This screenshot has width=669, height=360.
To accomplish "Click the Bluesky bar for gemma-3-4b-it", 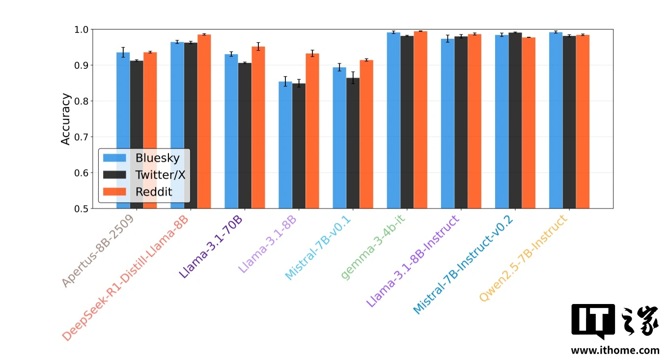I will coord(393,120).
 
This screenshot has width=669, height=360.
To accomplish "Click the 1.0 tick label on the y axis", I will coord(82,29).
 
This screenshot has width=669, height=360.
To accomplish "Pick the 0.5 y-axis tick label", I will coord(82,209).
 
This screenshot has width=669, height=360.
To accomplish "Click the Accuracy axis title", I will coord(66,119).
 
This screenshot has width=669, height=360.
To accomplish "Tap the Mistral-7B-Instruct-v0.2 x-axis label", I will coord(463,266).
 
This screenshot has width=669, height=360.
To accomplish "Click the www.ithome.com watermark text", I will coord(614,350).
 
